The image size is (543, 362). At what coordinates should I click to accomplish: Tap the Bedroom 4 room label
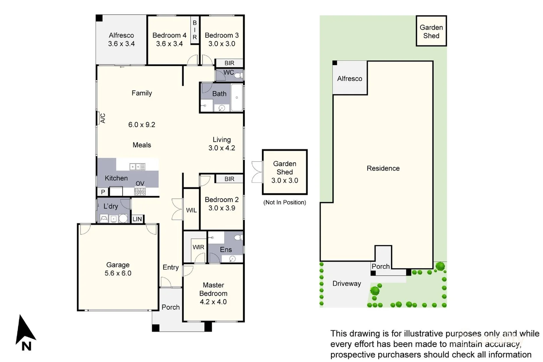click(x=169, y=36)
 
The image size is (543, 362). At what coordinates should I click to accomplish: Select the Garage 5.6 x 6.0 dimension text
click(x=118, y=273)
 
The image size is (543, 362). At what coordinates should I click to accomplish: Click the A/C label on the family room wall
click(x=103, y=118)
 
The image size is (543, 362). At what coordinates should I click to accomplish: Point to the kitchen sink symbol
click(x=137, y=167)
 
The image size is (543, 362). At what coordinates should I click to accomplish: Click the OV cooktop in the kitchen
click(x=140, y=191)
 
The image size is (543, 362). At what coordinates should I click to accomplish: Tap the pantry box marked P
click(x=103, y=192)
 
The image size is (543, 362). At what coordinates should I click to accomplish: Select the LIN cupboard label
click(x=137, y=219)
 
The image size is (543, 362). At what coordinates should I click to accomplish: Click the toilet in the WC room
click(x=238, y=75)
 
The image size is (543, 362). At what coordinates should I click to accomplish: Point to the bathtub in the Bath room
click(x=237, y=98)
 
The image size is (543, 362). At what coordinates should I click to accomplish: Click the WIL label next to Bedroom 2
click(x=191, y=210)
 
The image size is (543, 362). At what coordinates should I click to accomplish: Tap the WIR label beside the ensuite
click(x=198, y=247)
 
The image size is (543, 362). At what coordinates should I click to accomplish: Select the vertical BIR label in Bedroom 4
click(x=194, y=30)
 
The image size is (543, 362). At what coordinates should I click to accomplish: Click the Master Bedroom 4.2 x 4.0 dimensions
click(x=213, y=302)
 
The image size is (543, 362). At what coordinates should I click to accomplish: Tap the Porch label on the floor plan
click(x=170, y=307)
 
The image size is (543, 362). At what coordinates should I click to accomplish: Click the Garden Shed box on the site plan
click(x=431, y=31)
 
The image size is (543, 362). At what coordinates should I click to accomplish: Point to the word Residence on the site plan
click(x=383, y=168)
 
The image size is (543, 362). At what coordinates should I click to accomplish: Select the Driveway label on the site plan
click(x=347, y=284)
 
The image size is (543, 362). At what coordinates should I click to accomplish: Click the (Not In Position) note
click(x=285, y=202)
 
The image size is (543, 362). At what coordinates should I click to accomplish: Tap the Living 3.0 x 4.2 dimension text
click(x=222, y=148)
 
